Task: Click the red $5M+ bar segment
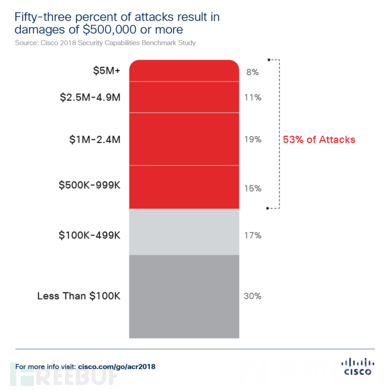click(184, 71)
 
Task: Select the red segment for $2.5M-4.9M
click(184, 97)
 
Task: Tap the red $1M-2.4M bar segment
click(184, 139)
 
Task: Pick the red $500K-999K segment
click(184, 187)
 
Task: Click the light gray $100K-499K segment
click(184, 232)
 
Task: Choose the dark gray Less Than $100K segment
click(184, 296)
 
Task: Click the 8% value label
click(252, 72)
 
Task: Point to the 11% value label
click(253, 97)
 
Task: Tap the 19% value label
click(253, 139)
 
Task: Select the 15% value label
click(253, 187)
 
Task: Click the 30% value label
click(253, 296)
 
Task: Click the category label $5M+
click(106, 71)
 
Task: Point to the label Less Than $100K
click(79, 296)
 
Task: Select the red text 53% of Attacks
click(319, 139)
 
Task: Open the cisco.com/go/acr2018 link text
click(116, 367)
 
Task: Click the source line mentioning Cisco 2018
click(105, 42)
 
